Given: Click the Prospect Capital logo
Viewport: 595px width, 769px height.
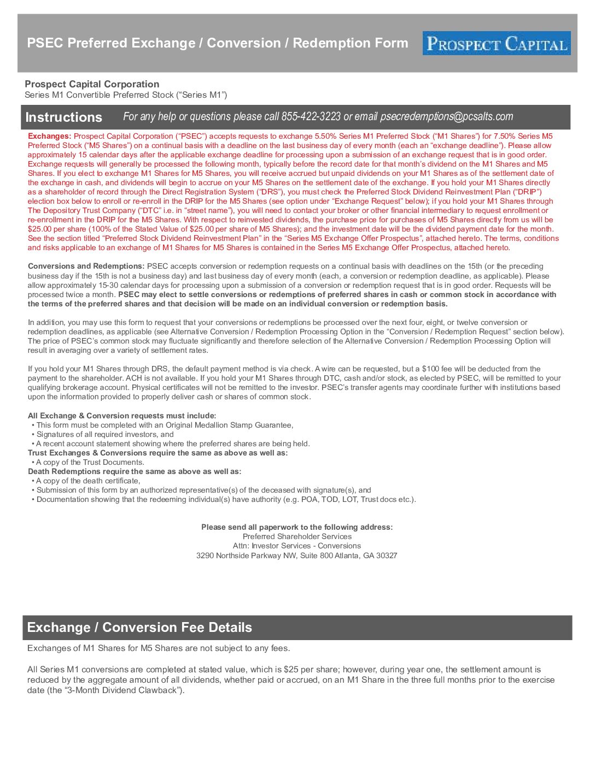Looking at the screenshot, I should [496, 43].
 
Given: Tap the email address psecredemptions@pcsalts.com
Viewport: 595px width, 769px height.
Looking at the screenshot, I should [446, 116].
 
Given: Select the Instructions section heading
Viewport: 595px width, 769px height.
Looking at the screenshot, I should [63, 117].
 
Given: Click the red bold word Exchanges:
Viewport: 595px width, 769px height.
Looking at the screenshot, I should [49, 136].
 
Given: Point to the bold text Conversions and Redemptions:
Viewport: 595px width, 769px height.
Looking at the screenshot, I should [86, 267].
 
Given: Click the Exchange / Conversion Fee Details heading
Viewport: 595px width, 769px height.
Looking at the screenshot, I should [139, 628].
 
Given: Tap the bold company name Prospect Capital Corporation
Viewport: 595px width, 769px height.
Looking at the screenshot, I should [92, 84].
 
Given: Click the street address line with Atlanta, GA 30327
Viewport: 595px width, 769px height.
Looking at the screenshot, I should [296, 555].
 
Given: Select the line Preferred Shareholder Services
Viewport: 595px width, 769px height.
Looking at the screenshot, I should [297, 536].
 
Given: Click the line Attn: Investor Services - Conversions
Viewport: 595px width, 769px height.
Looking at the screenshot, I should [297, 546].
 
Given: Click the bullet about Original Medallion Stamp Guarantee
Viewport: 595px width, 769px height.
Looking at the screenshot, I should [164, 425].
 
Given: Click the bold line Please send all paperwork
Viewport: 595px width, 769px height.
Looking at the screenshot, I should [297, 527].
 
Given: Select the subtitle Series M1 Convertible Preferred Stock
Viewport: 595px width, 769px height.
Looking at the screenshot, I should [126, 95].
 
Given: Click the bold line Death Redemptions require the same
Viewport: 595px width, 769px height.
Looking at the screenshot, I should [135, 471].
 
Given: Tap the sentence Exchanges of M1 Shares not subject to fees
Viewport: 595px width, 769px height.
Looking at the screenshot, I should [159, 648].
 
